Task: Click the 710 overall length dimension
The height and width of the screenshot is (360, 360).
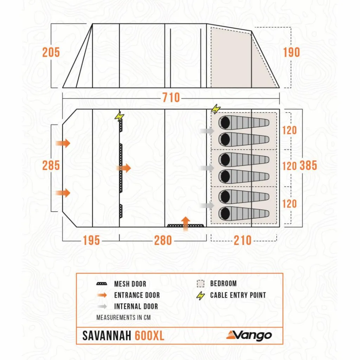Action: [x=171, y=97]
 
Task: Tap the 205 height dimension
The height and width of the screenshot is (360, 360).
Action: [x=51, y=52]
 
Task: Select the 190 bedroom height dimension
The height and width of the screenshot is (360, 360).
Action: [x=291, y=52]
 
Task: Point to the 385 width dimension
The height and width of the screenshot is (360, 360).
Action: [x=308, y=166]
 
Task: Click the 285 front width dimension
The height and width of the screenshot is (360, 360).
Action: [x=51, y=165]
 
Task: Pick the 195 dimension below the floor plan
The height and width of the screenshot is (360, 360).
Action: [x=91, y=240]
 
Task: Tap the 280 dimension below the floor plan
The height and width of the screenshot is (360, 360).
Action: [x=163, y=240]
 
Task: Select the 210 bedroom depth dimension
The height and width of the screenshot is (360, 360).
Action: [x=243, y=240]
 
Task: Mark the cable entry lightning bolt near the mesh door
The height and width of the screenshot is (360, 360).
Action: [x=120, y=116]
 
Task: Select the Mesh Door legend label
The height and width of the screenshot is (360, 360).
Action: [x=130, y=284]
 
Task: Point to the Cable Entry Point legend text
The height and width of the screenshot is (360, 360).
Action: [x=238, y=295]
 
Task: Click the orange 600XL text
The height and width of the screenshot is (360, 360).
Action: [x=149, y=336]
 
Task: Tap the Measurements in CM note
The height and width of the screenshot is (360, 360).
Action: [x=123, y=317]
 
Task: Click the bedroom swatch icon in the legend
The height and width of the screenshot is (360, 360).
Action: [x=200, y=284]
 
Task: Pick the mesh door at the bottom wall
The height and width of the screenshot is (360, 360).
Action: [x=185, y=225]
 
